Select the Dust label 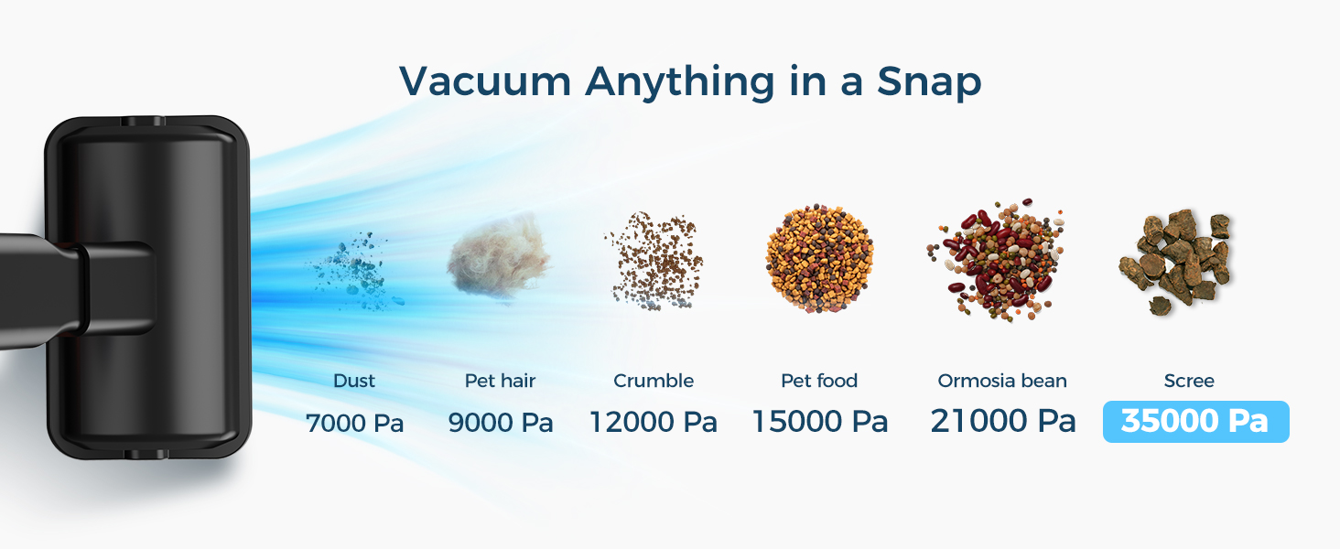pos(354,381)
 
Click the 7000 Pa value pos(354,423)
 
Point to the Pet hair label pos(500,381)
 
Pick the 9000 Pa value pos(501,423)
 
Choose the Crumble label pos(654,381)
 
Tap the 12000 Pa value pos(653,423)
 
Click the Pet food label pos(819,381)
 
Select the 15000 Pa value pos(820,422)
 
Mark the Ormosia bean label pos(1002,381)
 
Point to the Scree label pos(1189,381)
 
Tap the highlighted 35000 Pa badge pos(1195,422)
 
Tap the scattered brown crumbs pos(654,261)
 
